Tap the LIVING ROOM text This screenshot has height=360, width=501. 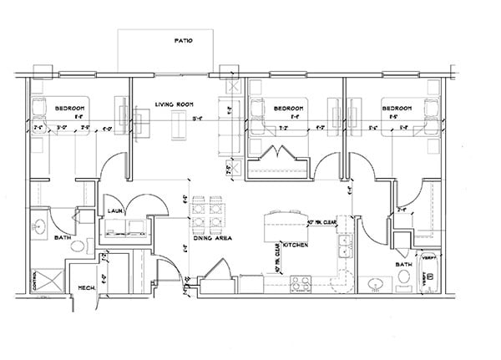(x=174, y=104)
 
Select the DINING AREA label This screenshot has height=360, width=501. (x=212, y=238)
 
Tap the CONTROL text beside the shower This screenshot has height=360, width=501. (x=34, y=280)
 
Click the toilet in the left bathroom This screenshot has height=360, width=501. (x=79, y=247)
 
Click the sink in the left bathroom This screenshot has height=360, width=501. (x=39, y=226)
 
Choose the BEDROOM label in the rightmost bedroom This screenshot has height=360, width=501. (x=397, y=109)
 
